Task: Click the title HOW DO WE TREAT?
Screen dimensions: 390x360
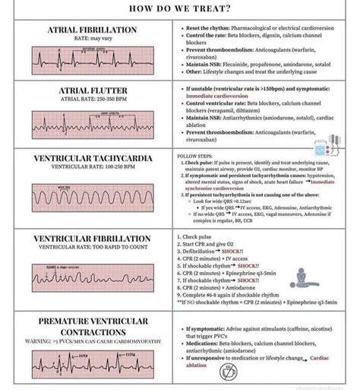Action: [x=181, y=9]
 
